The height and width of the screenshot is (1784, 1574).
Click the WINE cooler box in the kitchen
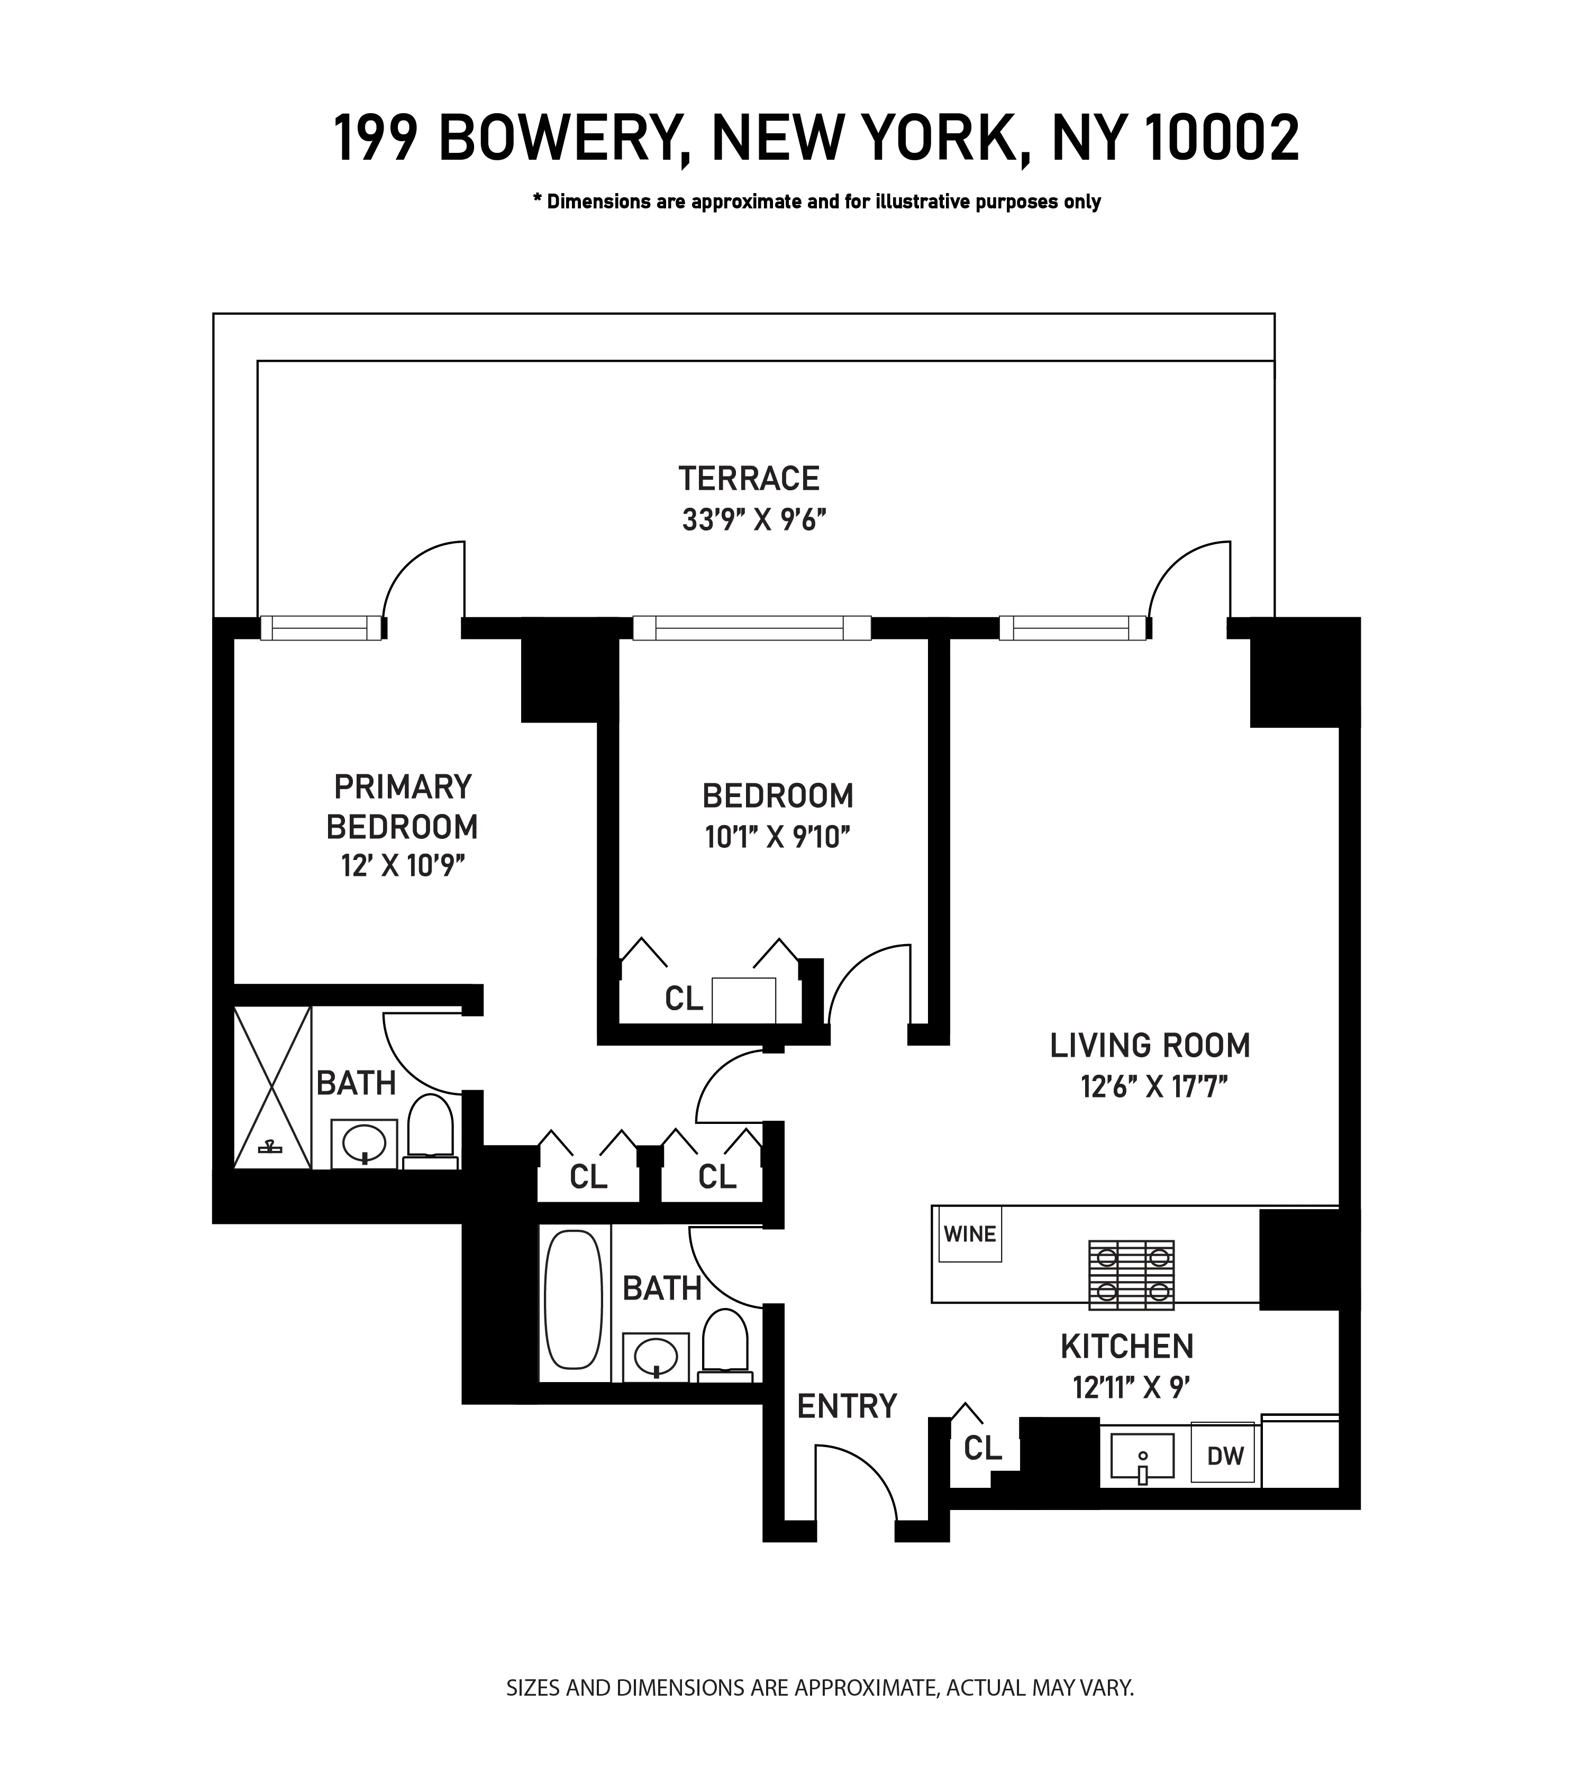[x=970, y=1234]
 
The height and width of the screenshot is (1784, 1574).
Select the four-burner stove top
[x=1131, y=1275]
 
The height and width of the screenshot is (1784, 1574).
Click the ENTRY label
[x=847, y=1406]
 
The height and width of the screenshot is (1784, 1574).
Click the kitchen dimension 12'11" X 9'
[x=1131, y=1388]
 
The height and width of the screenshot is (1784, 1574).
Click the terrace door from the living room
[x=1189, y=580]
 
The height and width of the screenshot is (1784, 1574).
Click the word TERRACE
[x=749, y=478]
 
